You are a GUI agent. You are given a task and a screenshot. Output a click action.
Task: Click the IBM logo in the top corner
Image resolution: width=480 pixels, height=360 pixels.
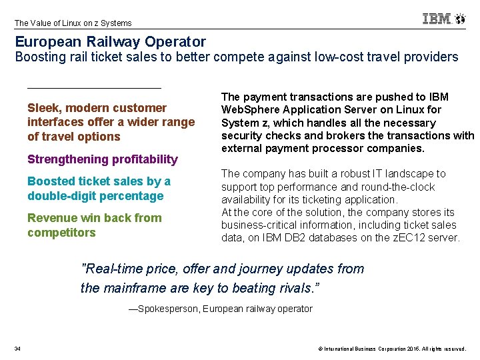point(437,19)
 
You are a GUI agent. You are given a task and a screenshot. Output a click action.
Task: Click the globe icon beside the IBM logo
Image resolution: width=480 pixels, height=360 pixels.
point(460,19)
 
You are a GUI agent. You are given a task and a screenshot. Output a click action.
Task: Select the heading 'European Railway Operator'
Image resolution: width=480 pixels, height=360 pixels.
point(111,42)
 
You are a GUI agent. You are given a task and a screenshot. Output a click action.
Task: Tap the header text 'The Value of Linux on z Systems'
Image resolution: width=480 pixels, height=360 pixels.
point(73,23)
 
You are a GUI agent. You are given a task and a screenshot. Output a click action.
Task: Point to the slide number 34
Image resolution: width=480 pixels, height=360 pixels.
point(17,349)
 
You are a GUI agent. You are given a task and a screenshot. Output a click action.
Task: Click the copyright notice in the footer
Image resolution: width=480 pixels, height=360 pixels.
point(392,349)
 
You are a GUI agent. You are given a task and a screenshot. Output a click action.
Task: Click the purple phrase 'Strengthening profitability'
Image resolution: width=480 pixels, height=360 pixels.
point(103,159)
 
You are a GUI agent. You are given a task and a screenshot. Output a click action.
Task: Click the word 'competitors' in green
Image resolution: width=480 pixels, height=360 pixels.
point(61,233)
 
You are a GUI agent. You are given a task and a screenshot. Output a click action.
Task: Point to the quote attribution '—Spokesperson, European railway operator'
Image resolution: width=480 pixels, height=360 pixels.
point(220,309)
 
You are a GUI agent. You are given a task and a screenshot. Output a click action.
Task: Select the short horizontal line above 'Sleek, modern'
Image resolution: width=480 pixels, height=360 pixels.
point(94,87)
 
